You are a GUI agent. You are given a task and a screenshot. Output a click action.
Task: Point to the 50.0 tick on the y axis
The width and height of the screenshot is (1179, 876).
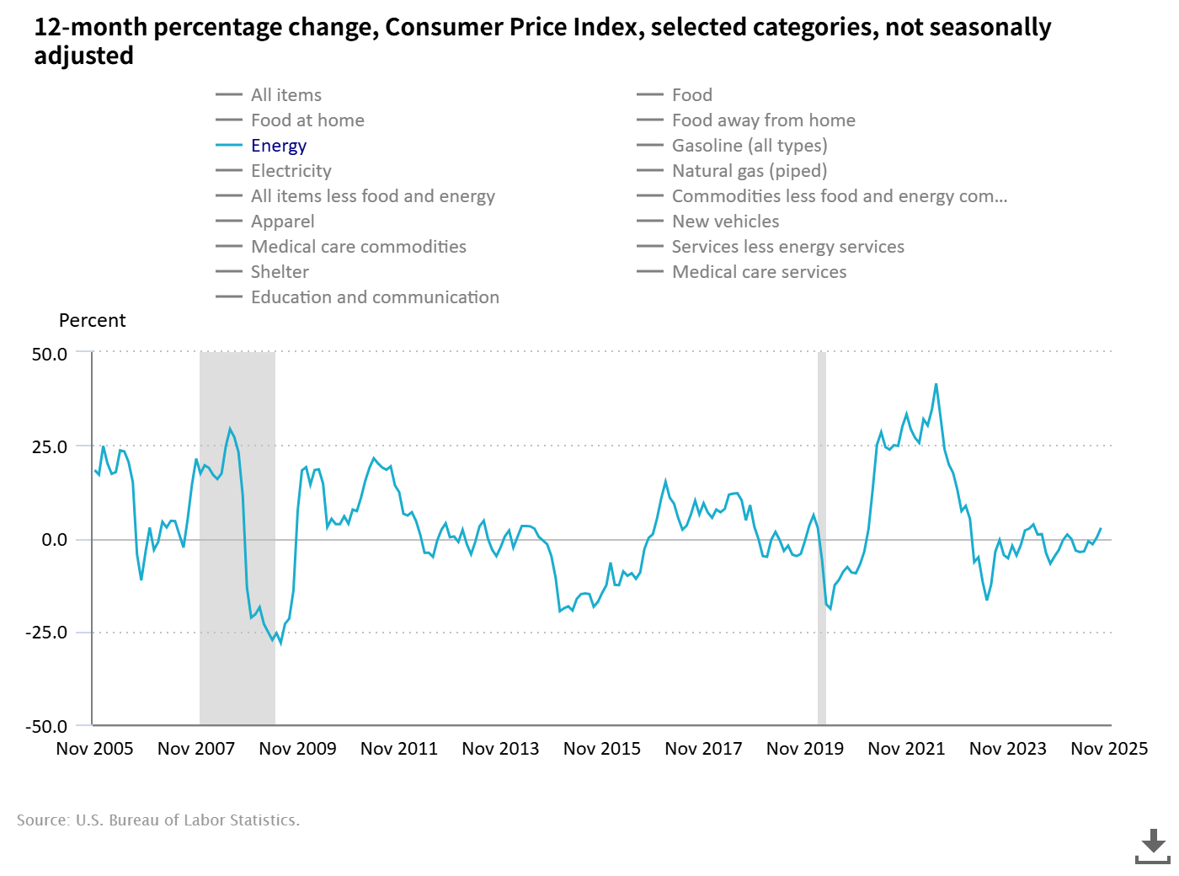[50, 354]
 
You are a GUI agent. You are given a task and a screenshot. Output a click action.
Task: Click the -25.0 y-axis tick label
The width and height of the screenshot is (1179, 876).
[46, 633]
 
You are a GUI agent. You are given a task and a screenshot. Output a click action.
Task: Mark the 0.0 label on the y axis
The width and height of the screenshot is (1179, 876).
[55, 540]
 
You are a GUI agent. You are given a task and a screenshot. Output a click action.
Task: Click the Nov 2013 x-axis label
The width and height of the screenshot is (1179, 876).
[500, 749]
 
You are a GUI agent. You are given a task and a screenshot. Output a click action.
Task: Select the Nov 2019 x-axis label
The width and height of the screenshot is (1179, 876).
[805, 749]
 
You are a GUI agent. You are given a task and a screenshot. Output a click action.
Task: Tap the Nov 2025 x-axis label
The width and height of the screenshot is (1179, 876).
[1109, 749]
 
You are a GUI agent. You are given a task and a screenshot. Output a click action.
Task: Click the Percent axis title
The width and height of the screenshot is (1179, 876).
[92, 321]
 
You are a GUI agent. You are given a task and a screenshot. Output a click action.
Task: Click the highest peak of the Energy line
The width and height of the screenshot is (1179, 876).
[936, 384]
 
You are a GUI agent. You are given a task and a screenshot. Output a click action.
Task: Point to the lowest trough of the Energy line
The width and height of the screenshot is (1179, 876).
[280, 644]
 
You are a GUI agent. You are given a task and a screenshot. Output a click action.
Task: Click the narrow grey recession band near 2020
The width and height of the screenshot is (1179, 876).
[822, 539]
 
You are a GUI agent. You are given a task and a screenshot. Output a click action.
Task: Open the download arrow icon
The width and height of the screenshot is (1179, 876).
[1153, 846]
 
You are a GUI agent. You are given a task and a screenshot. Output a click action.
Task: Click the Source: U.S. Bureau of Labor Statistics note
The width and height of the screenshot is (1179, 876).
[158, 820]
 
